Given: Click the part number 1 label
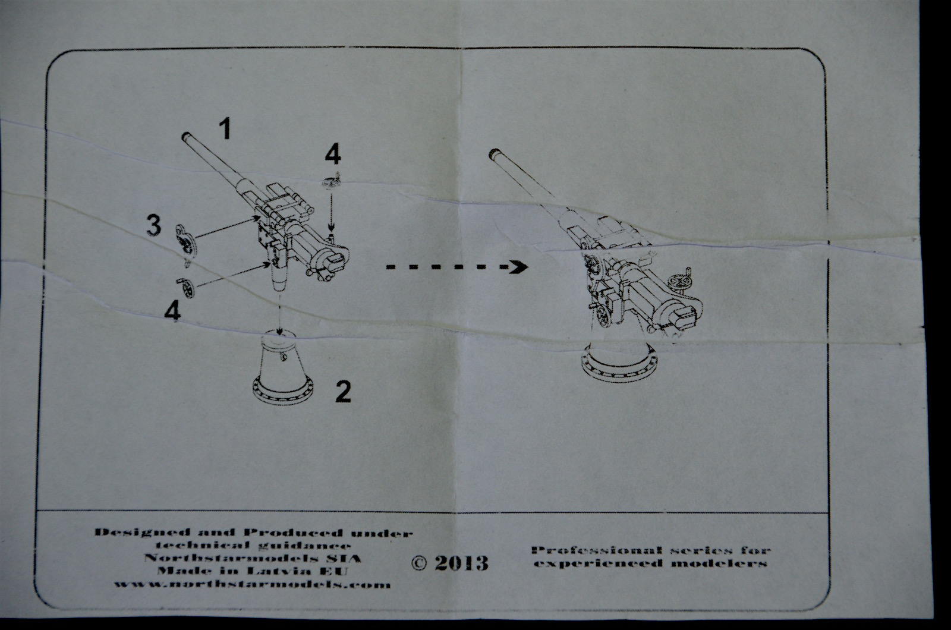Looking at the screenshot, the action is (x=224, y=129).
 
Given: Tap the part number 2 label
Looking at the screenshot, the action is (x=343, y=392).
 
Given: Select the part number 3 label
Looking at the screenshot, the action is (x=154, y=226).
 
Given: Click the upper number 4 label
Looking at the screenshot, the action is (x=332, y=155).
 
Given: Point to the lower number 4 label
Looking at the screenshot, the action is (x=172, y=311).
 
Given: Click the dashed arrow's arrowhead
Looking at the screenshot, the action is (x=519, y=267).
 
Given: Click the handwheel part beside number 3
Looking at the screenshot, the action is (x=186, y=241).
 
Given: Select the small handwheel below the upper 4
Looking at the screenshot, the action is (x=330, y=181).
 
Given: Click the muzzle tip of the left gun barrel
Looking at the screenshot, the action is (x=185, y=137).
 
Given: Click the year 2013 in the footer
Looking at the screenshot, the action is (x=461, y=563).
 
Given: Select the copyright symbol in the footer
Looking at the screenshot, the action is (x=420, y=563).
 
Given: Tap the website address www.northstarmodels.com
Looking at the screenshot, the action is (x=253, y=584).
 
